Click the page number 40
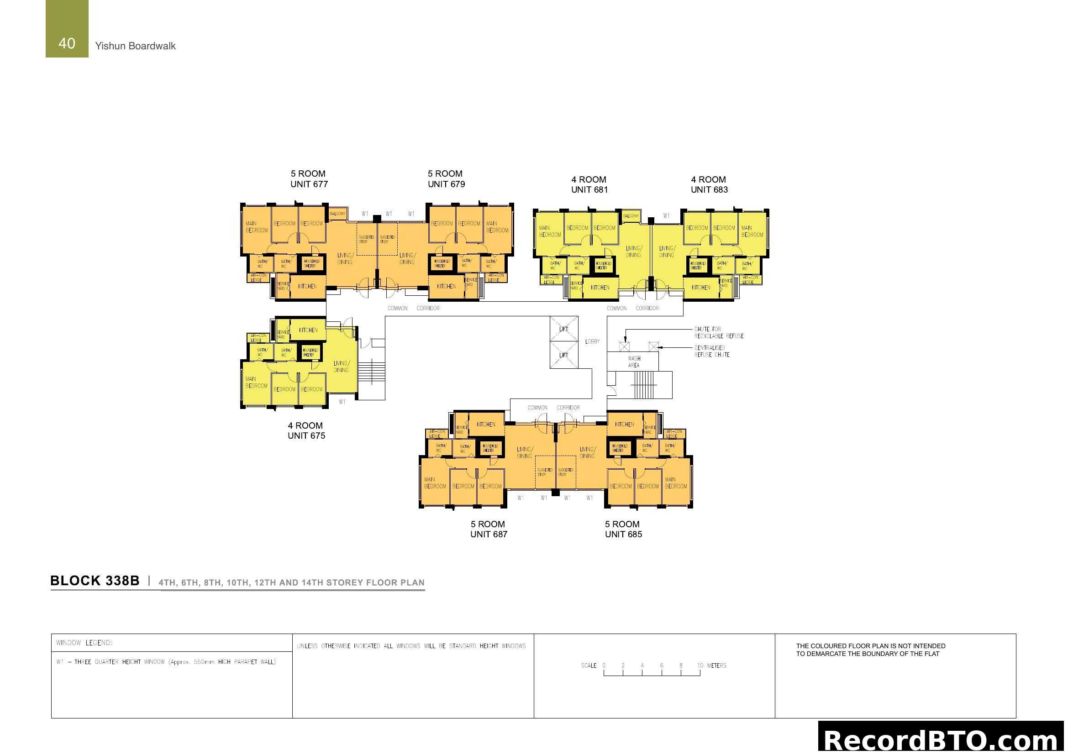click(67, 43)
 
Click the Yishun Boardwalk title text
click(135, 46)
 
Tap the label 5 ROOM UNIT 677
click(309, 179)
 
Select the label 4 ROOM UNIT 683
click(709, 184)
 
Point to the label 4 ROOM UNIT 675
click(306, 430)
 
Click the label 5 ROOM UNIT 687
click(489, 529)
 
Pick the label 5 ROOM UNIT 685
click(623, 529)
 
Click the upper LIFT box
click(564, 329)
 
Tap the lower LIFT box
click(564, 355)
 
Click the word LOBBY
click(592, 342)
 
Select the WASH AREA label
click(634, 362)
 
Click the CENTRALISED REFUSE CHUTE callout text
click(712, 351)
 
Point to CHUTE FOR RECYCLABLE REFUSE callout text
click(719, 332)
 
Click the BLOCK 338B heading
click(95, 581)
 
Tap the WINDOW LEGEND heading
click(84, 643)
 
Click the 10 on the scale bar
click(700, 666)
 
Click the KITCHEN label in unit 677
click(307, 286)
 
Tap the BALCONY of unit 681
click(631, 216)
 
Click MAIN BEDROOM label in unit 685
click(675, 482)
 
